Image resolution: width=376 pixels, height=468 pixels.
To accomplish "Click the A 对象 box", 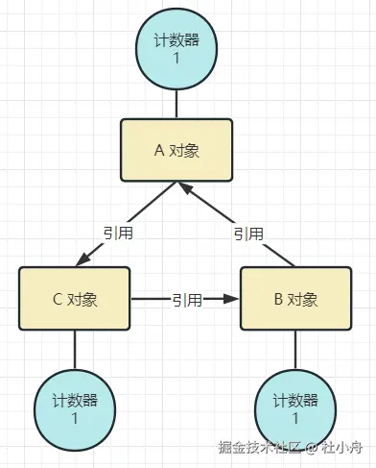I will tap(176, 151).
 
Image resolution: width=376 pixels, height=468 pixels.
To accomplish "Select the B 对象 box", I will tap(294, 299).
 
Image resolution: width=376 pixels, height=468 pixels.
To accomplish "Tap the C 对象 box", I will tap(74, 299).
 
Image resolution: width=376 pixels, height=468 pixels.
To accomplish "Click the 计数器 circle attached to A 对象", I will tap(176, 47).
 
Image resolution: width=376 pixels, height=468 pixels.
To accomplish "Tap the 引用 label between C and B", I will tap(186, 300).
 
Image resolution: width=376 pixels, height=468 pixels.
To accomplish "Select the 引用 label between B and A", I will tap(248, 234).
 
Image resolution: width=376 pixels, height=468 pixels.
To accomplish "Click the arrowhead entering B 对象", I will tap(232, 300).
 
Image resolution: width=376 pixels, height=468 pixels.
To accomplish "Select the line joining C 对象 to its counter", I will tap(74, 349).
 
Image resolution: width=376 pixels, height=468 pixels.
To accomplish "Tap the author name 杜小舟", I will tap(341, 448).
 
